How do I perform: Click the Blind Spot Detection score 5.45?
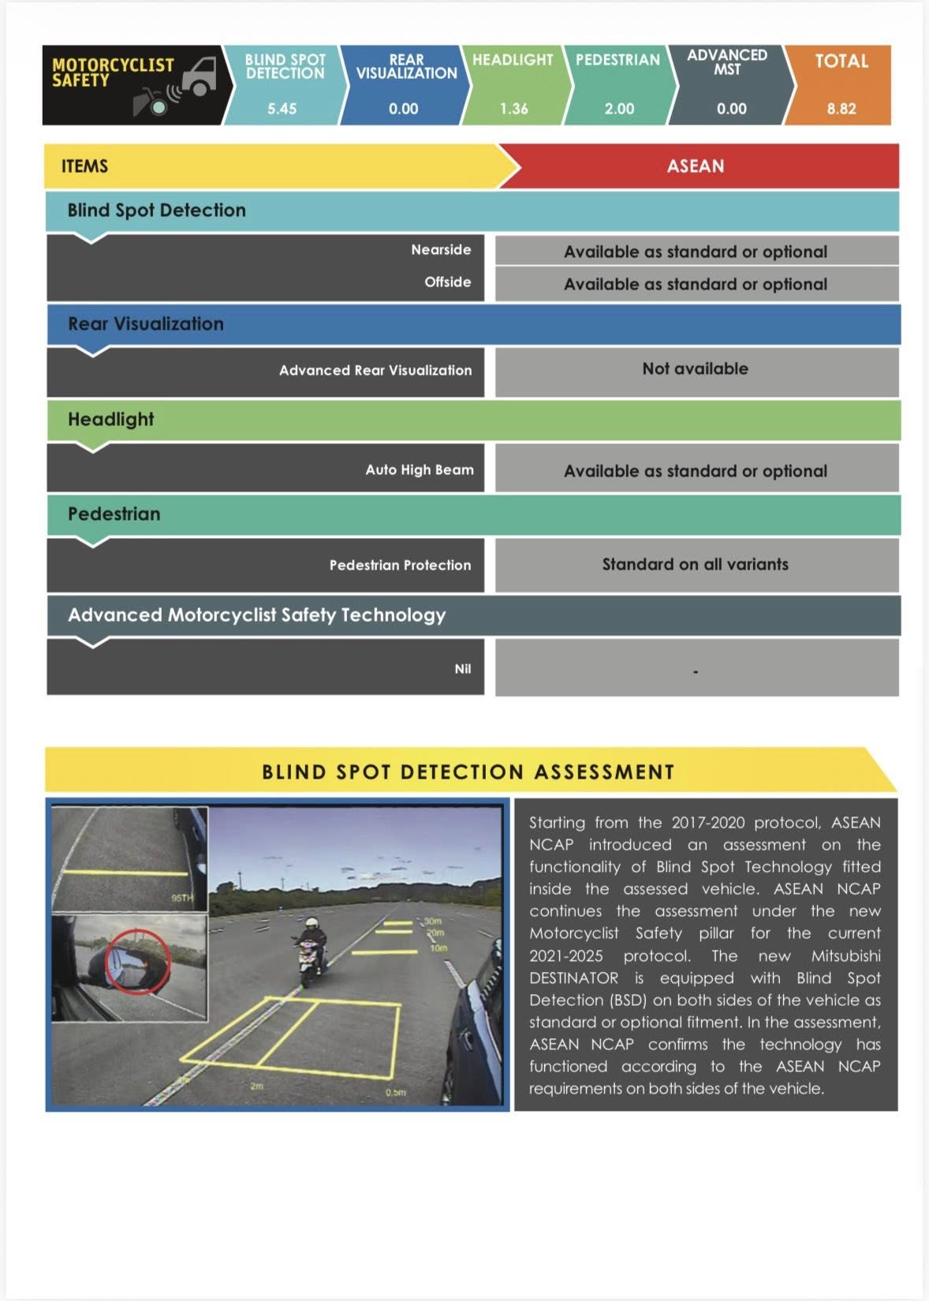click(282, 109)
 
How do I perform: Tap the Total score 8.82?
click(841, 109)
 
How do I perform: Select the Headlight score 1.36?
click(513, 109)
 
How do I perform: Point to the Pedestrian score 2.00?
click(619, 109)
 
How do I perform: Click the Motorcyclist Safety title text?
click(112, 72)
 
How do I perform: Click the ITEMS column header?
click(84, 166)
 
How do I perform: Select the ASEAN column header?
click(695, 166)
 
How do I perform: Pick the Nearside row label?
click(441, 250)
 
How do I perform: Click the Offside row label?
click(447, 282)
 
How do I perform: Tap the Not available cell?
click(695, 368)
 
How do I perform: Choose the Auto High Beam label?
click(420, 470)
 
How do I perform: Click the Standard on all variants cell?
click(695, 564)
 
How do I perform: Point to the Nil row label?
click(462, 669)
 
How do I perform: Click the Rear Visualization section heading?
click(146, 324)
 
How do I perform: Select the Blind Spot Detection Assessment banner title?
click(468, 772)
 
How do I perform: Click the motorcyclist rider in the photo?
click(312, 947)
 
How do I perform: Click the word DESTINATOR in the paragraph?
click(573, 978)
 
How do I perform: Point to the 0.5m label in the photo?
click(396, 1092)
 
